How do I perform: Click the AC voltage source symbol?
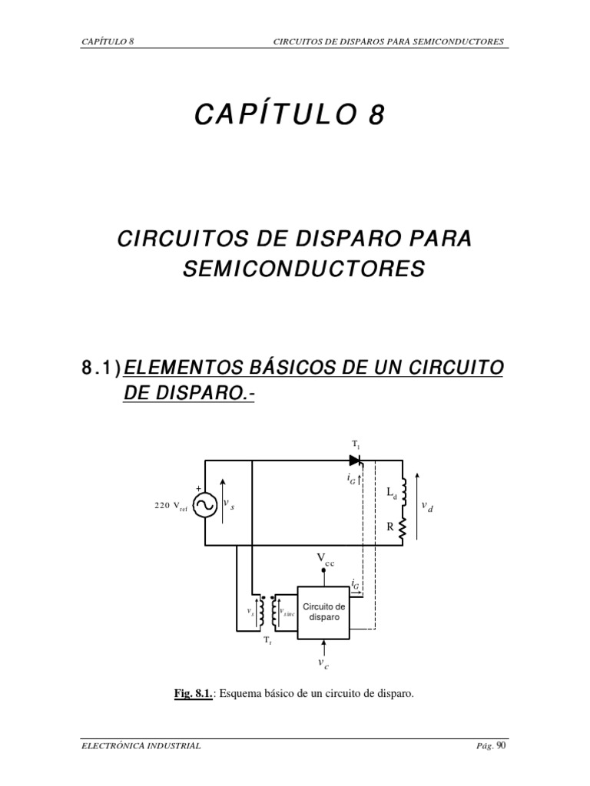[205, 504]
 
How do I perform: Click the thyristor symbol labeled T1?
[355, 460]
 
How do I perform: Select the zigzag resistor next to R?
[403, 528]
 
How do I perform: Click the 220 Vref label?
[171, 505]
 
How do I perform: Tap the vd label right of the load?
[427, 507]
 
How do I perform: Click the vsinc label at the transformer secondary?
[287, 613]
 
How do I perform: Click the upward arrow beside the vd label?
[416, 506]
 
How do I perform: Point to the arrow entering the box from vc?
[324, 646]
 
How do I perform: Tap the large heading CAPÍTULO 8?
[287, 115]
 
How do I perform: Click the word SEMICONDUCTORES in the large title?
[303, 269]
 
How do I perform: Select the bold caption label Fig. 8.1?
[193, 694]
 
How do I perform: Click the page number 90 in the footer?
[502, 745]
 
